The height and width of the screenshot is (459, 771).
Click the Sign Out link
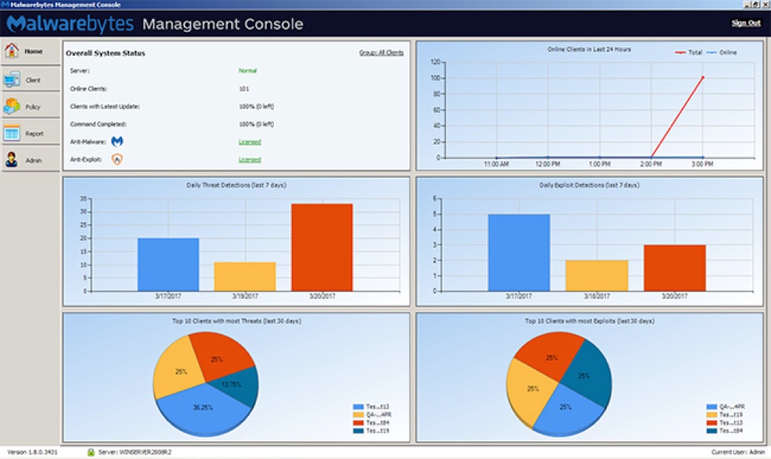point(746,23)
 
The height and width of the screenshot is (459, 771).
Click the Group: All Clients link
point(381,53)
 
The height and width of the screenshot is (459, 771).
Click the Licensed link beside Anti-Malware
point(249,142)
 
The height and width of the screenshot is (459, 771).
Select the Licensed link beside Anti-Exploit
point(249,160)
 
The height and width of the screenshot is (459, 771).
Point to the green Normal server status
point(247,70)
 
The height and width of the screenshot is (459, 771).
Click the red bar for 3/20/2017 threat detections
point(322,247)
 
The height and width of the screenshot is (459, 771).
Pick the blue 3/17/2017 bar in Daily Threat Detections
point(169,264)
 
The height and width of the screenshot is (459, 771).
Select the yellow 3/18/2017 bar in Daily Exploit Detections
point(597,275)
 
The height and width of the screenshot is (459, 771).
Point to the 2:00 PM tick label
point(651,164)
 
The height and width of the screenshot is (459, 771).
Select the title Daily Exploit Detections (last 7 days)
point(588,185)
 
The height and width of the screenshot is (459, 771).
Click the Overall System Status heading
point(105,53)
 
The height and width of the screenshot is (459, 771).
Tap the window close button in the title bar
point(765,5)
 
